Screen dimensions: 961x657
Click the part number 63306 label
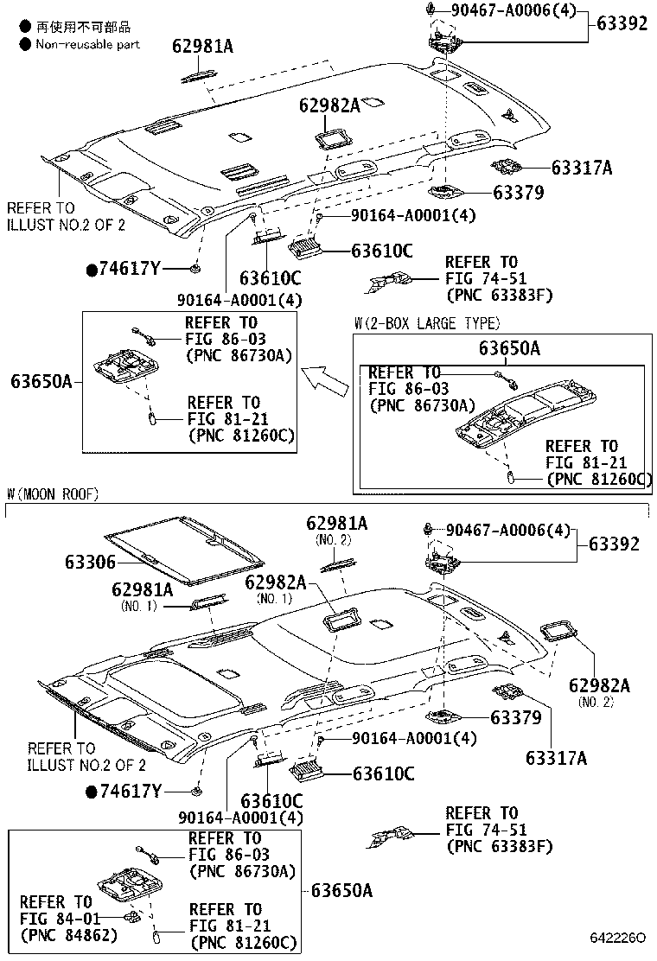click(89, 562)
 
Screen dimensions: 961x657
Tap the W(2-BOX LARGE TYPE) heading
click(426, 324)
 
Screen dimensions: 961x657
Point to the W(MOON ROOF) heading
click(53, 494)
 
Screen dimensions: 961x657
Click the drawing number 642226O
click(617, 938)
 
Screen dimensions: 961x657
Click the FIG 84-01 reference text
click(56, 918)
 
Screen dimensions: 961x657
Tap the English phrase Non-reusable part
click(86, 43)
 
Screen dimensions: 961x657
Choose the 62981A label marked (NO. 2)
click(336, 524)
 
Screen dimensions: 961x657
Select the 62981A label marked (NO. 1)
click(142, 589)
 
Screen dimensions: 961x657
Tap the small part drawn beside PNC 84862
click(131, 916)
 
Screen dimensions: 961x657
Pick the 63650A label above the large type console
click(510, 348)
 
